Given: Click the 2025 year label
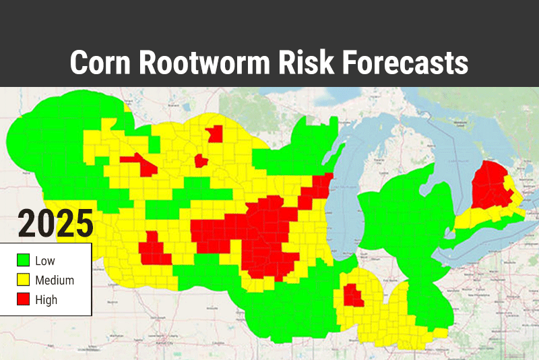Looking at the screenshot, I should pyautogui.click(x=55, y=224).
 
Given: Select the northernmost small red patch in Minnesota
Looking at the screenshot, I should pyautogui.click(x=215, y=133).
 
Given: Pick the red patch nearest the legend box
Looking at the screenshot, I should pyautogui.click(x=154, y=250).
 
